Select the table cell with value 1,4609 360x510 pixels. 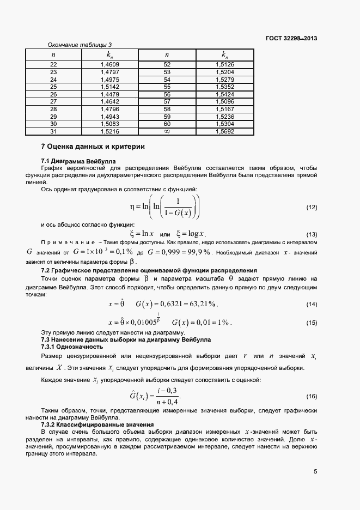110,65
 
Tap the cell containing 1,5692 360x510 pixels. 224,131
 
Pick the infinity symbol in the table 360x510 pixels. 167,131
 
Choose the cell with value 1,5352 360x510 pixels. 224,87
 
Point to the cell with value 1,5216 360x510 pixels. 110,131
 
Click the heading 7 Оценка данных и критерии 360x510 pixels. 93,147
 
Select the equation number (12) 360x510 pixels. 312,208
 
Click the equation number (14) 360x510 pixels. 312,303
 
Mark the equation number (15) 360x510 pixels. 312,323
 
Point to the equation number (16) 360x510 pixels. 312,396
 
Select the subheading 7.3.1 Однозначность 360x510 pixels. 72,347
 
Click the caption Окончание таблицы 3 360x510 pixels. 80,45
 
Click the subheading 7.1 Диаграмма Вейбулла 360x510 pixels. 75,161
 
